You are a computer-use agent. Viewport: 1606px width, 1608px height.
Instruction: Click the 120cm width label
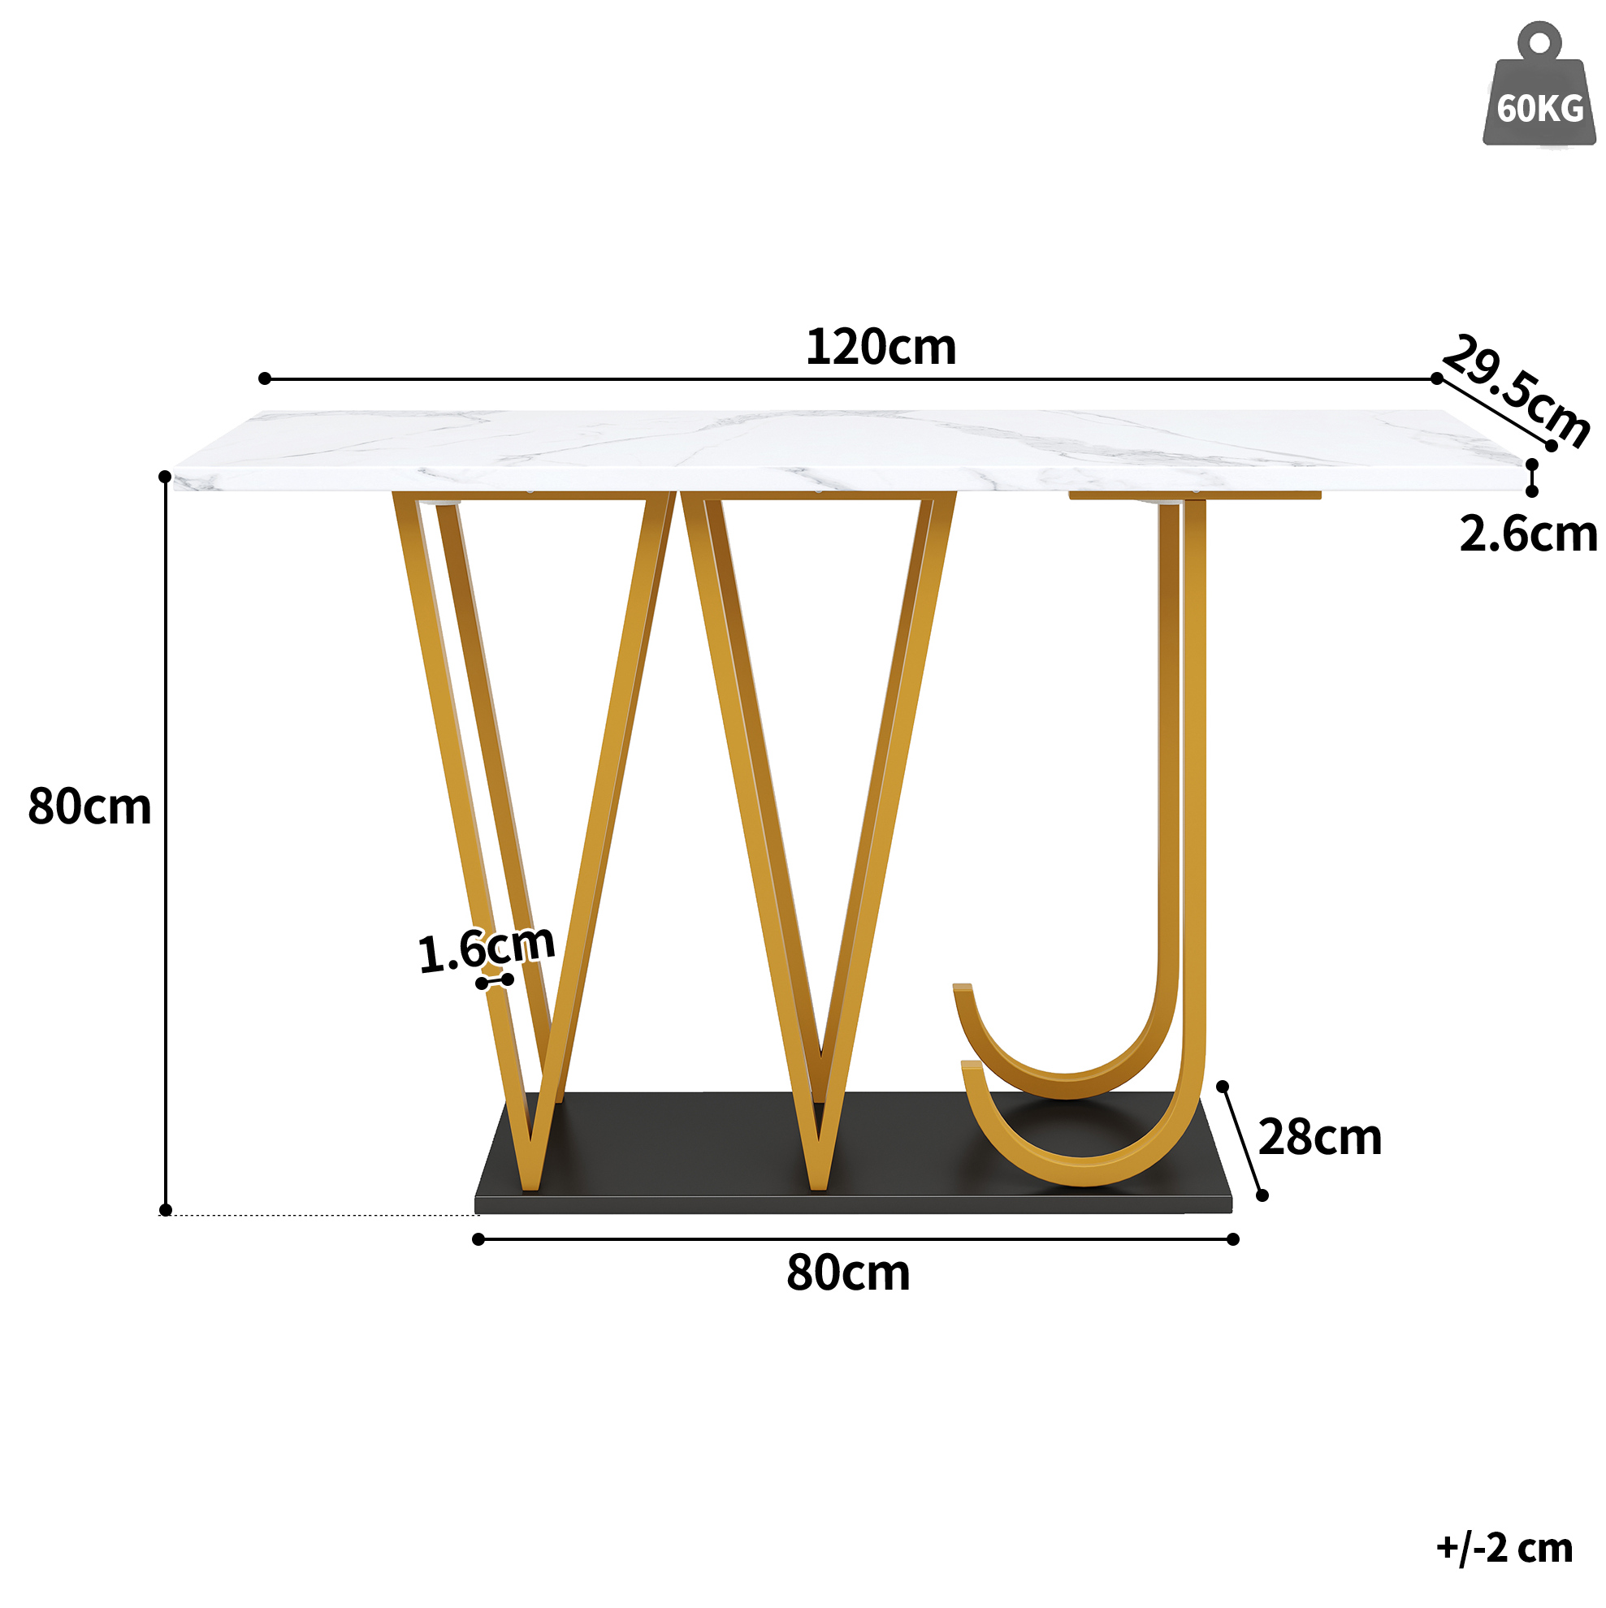click(x=881, y=346)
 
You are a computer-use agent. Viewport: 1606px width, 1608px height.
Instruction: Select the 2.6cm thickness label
click(x=1528, y=534)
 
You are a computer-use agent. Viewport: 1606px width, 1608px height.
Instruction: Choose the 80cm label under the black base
click(x=847, y=1273)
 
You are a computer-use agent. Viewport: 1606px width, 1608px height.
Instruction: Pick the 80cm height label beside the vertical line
click(x=89, y=806)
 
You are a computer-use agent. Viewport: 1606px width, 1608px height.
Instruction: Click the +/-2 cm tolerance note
click(x=1504, y=1547)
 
